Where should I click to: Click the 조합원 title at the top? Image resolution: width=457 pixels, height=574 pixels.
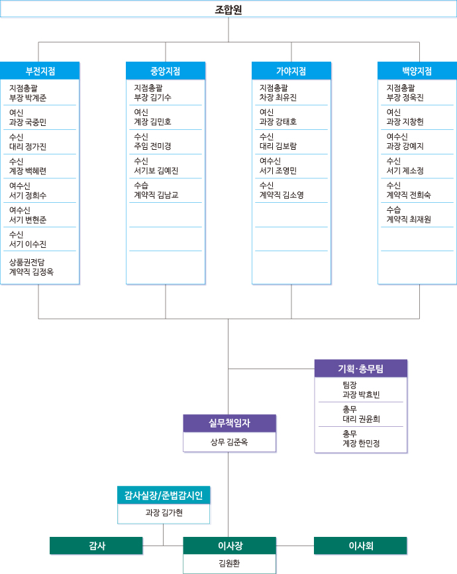[228, 9]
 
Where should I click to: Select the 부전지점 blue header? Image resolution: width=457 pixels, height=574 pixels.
[40, 71]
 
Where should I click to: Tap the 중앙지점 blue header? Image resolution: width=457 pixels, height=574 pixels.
[166, 71]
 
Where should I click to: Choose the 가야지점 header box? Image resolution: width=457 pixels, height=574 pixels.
[291, 71]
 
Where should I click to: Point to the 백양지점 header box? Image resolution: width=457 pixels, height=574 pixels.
[417, 71]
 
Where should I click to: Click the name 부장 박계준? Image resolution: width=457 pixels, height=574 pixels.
[28, 98]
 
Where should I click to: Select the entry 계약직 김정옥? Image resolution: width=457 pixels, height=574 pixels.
[32, 272]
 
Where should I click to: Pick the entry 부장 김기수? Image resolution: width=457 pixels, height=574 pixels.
[152, 98]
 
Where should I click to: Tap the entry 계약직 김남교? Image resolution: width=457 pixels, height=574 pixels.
[156, 196]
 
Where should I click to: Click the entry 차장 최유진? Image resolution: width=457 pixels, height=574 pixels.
[278, 98]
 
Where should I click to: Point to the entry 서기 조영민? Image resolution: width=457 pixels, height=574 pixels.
[278, 171]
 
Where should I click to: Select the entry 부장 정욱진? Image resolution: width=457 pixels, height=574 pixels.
[405, 98]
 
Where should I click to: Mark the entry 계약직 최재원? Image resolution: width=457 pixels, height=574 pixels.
[409, 219]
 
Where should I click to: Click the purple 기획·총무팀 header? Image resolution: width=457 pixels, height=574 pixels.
[361, 369]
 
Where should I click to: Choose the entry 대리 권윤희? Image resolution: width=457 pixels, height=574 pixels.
[361, 419]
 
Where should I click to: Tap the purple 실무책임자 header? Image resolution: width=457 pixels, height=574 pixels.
[229, 423]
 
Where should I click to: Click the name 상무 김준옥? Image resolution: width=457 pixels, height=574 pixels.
[229, 442]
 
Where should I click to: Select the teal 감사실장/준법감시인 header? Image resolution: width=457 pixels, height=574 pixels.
[164, 495]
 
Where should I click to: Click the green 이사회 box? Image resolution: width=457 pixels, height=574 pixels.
[361, 545]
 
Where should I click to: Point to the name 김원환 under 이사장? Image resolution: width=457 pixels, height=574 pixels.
[229, 564]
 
